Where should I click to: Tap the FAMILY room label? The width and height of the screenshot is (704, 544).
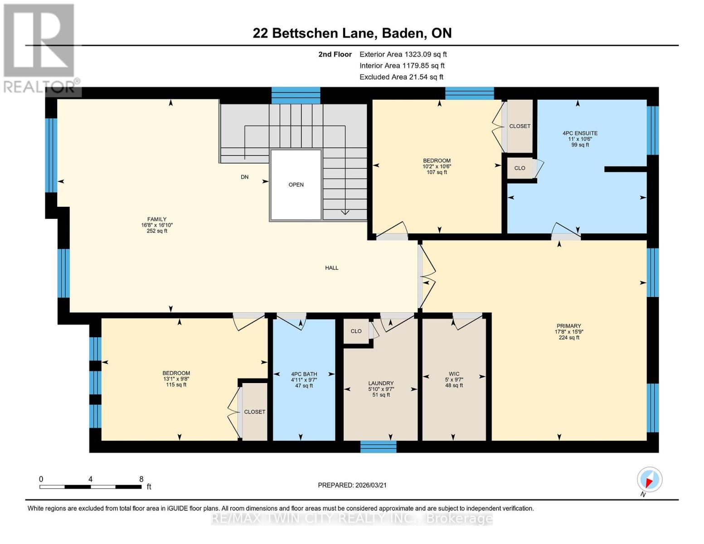pyautogui.click(x=156, y=219)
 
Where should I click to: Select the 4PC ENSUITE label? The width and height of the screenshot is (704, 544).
pyautogui.click(x=580, y=133)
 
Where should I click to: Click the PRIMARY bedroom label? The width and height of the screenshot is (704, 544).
pyautogui.click(x=568, y=326)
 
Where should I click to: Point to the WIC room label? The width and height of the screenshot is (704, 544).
pyautogui.click(x=454, y=374)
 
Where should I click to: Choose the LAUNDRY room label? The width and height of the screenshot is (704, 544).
pyautogui.click(x=381, y=383)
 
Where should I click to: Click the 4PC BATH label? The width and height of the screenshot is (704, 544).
pyautogui.click(x=304, y=374)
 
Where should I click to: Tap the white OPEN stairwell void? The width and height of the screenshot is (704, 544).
pyautogui.click(x=296, y=185)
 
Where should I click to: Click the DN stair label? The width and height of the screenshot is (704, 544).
pyautogui.click(x=244, y=177)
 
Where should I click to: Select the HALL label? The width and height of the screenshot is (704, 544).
pyautogui.click(x=331, y=268)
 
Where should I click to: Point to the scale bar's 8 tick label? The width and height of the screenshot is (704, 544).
pyautogui.click(x=141, y=479)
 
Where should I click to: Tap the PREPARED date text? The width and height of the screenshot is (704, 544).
pyautogui.click(x=352, y=485)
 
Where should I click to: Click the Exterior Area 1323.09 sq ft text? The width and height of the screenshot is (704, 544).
pyautogui.click(x=403, y=54)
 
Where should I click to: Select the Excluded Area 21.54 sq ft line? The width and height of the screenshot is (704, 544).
pyautogui.click(x=401, y=77)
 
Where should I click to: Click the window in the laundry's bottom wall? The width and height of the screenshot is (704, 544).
pyautogui.click(x=378, y=447)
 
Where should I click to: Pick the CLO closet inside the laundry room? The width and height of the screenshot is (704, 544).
pyautogui.click(x=356, y=331)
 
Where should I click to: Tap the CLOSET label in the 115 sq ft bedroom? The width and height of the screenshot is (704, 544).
pyautogui.click(x=254, y=412)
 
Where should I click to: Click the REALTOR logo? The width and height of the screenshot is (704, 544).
pyautogui.click(x=39, y=48)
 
